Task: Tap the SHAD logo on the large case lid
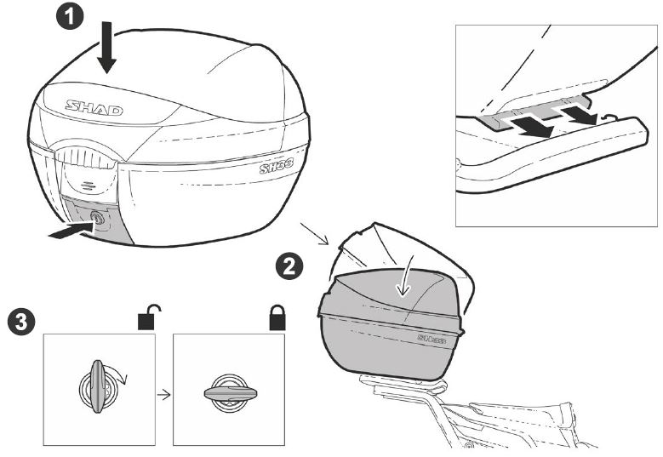click(x=94, y=108)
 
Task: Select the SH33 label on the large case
click(x=277, y=169)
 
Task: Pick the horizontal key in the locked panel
click(x=231, y=393)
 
